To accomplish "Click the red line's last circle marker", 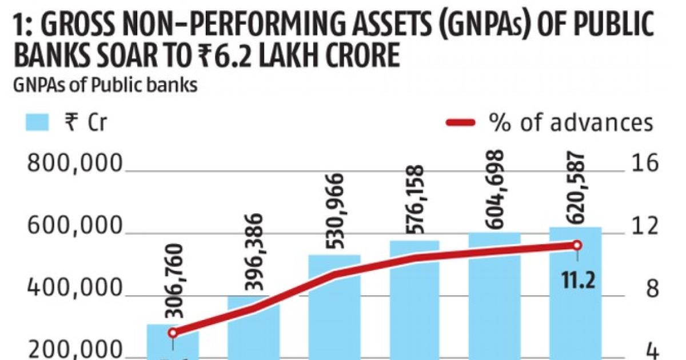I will (x=577, y=245).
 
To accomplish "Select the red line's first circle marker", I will (x=173, y=333).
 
